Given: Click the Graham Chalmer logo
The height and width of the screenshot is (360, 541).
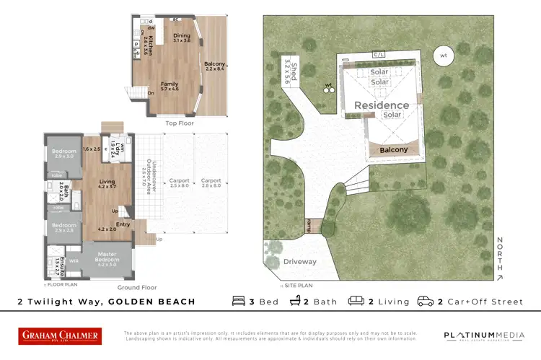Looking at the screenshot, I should point(60,335).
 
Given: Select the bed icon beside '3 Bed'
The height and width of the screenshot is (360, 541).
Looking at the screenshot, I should point(239,301).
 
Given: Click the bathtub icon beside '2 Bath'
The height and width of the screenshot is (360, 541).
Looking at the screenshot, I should point(296,301).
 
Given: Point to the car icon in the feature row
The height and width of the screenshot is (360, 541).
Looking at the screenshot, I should point(426,301).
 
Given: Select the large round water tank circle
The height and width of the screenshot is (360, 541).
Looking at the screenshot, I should point(444,56).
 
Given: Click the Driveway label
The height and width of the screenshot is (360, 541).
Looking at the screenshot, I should point(299,262).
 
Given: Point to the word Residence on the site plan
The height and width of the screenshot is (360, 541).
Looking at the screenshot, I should point(381,105).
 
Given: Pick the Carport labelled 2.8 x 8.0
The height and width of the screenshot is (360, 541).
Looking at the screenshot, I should point(211,183).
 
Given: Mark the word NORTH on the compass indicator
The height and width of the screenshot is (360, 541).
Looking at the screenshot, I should point(500,253).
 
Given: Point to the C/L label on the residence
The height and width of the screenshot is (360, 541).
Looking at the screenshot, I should point(378,54).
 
